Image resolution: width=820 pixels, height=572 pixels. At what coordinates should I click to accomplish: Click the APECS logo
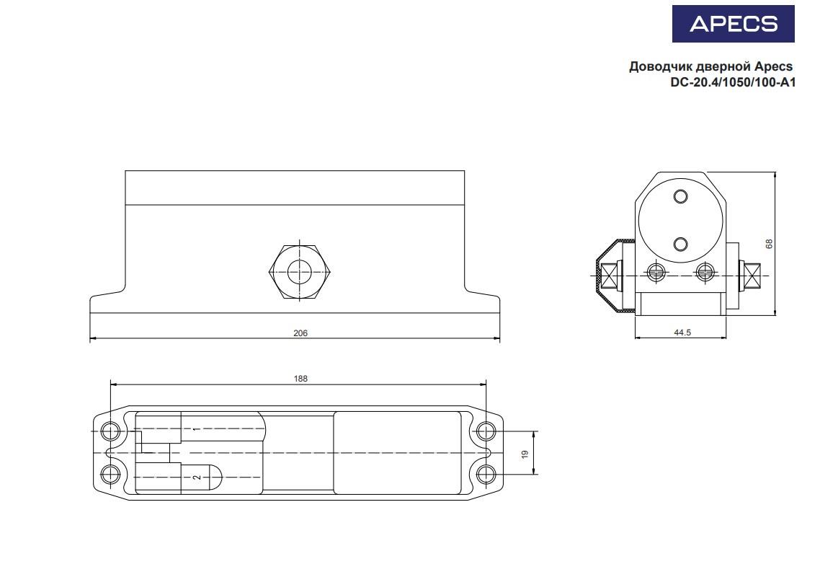733,24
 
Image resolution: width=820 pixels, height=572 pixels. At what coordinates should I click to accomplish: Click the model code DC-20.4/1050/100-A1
732,82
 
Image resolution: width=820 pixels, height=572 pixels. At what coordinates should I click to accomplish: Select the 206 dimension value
300,333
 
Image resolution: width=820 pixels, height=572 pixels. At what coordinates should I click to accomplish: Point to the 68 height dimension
769,244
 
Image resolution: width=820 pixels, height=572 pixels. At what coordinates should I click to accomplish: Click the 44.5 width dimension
681,333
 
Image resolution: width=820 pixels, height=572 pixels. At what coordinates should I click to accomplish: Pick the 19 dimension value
525,454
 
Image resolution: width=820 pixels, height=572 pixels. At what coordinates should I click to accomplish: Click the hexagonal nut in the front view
300,272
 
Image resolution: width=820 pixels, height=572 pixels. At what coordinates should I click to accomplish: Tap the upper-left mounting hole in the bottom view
110,431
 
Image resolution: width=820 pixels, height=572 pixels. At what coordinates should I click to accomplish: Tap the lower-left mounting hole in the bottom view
110,475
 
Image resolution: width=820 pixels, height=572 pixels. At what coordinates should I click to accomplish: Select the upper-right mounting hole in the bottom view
486,431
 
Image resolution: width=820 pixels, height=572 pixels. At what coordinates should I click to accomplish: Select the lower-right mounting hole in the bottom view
486,475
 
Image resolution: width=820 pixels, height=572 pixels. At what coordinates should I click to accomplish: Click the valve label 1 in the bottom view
195,430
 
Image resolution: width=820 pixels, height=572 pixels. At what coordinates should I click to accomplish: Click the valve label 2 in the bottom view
195,478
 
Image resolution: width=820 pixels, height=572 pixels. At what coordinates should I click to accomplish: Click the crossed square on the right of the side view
754,276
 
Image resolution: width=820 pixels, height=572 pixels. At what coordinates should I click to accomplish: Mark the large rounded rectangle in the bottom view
397,453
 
